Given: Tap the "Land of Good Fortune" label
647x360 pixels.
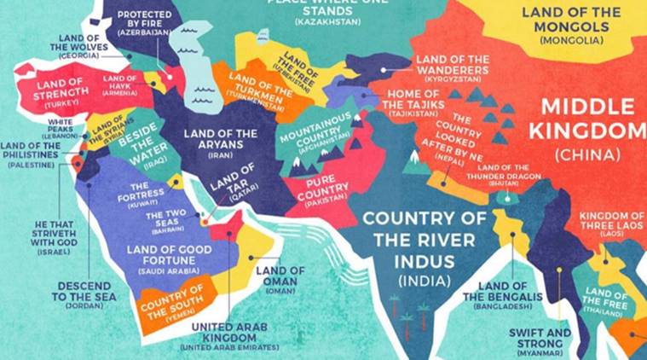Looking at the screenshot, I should point(168,254).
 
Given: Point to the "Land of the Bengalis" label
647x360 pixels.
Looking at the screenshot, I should point(502,293).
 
